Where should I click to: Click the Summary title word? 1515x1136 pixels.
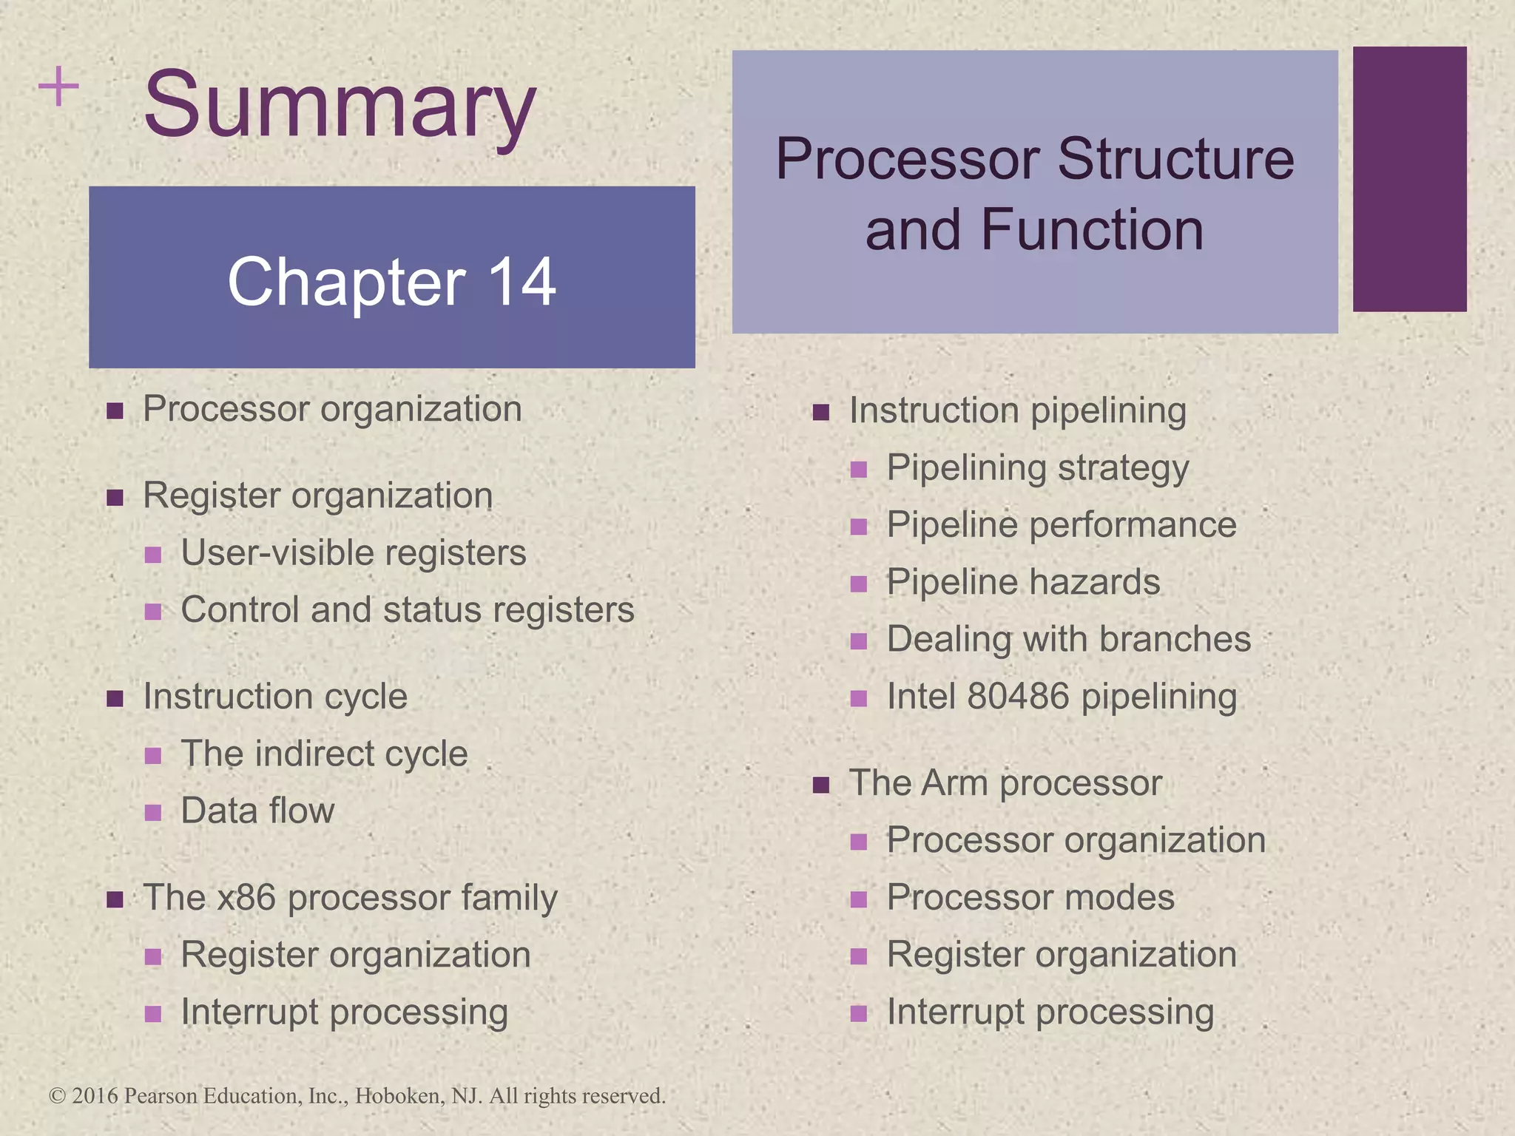point(340,105)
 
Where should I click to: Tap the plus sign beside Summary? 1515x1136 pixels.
point(58,87)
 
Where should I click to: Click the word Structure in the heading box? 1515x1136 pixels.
point(1176,159)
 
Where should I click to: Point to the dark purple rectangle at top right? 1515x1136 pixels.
point(1409,179)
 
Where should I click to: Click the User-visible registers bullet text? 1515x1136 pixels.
point(354,553)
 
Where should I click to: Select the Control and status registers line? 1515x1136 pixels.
point(408,610)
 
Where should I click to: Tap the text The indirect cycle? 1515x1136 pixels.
point(324,754)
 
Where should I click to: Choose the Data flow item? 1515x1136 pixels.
point(257,811)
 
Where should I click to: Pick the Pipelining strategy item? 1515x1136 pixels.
point(1038,468)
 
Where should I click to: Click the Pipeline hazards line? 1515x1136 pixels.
point(1023,582)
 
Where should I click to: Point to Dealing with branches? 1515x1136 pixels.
point(1069,640)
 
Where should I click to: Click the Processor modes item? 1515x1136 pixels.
point(1030,898)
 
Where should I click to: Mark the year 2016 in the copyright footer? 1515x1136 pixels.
point(95,1096)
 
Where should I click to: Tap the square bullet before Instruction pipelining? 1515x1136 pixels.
point(820,412)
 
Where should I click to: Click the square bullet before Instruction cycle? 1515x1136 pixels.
point(115,698)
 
